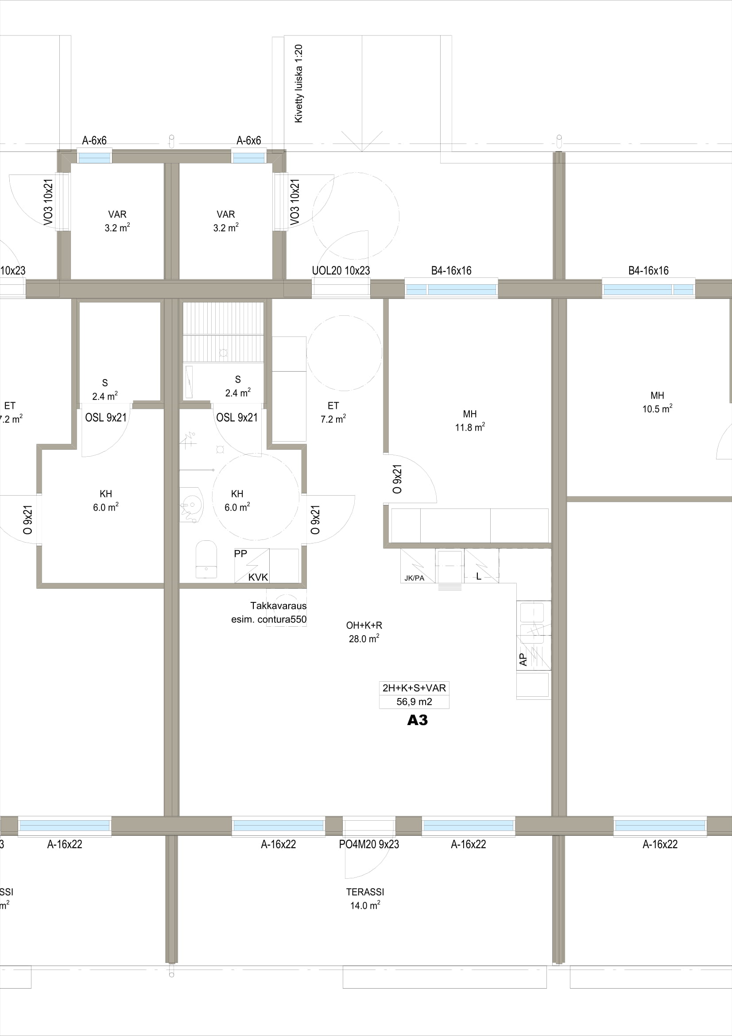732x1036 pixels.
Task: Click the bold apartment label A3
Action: (x=417, y=720)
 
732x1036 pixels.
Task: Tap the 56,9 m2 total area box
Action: (x=414, y=702)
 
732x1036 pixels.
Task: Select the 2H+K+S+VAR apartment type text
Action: (x=414, y=688)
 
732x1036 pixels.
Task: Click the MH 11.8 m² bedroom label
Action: (x=470, y=420)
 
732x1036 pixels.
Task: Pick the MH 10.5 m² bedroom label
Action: (x=658, y=402)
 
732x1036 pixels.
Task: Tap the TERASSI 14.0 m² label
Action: (x=365, y=899)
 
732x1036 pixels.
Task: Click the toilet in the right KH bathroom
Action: (x=206, y=559)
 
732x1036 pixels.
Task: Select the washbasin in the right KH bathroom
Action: (x=192, y=504)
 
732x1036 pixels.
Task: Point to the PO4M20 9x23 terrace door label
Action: (x=369, y=844)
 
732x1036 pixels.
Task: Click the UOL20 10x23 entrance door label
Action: (x=341, y=271)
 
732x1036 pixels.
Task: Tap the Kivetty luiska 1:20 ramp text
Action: (x=298, y=83)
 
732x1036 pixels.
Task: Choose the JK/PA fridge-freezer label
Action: (x=414, y=578)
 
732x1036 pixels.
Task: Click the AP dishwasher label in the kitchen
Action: (x=523, y=659)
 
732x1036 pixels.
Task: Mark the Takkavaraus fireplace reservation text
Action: (x=278, y=605)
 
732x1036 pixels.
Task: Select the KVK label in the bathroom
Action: (x=258, y=577)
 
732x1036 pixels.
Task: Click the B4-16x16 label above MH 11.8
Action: (x=451, y=271)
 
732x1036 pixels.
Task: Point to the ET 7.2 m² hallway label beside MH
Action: (x=333, y=412)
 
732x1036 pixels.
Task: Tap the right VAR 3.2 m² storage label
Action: (x=225, y=221)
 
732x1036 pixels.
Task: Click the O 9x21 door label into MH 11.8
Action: (x=397, y=479)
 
